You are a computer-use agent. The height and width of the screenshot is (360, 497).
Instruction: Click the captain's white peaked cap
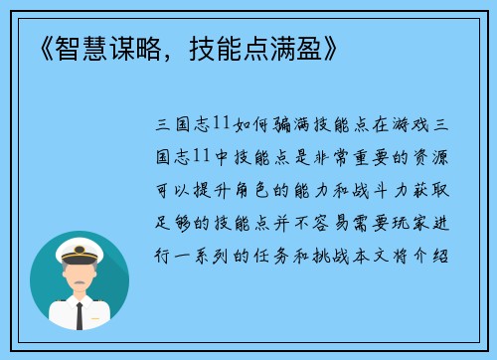(80, 249)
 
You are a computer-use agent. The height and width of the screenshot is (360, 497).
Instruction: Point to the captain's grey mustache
(80, 279)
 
